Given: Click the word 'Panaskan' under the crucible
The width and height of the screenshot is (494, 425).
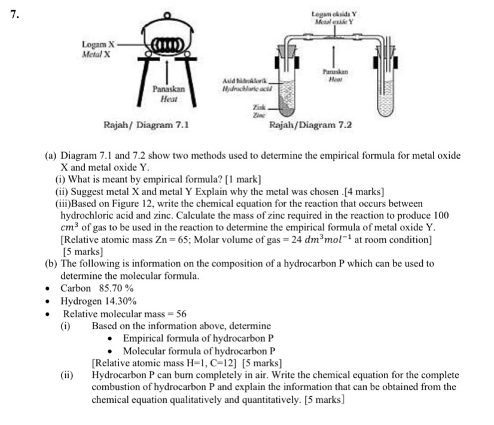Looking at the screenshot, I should click(x=168, y=89).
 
